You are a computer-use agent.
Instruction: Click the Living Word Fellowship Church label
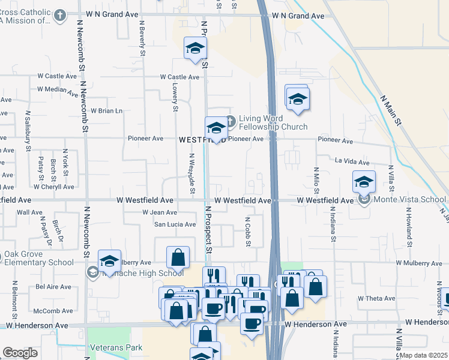point(273,122)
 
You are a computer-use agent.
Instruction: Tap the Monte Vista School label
point(408,199)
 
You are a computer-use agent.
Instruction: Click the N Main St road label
point(391,110)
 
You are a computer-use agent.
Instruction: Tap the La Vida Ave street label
point(352,161)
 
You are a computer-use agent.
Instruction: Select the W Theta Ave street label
point(376,298)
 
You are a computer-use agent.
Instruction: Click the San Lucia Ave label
point(175,224)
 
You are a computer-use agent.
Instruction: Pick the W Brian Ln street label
point(106,110)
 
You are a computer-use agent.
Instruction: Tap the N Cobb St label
point(247,232)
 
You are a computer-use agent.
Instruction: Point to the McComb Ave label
point(53,311)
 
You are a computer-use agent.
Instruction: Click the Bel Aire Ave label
point(53,287)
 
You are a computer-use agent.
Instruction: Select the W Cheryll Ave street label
point(53,187)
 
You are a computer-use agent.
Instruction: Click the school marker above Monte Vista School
point(364,181)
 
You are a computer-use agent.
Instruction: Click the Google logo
point(20,353)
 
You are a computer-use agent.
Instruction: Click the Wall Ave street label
point(29,212)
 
